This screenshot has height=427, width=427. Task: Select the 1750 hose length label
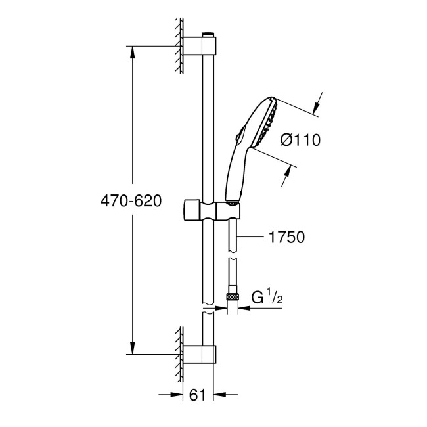point(286,237)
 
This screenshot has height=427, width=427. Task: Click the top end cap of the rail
point(209,33)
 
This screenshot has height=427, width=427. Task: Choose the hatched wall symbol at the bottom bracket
point(179,355)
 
